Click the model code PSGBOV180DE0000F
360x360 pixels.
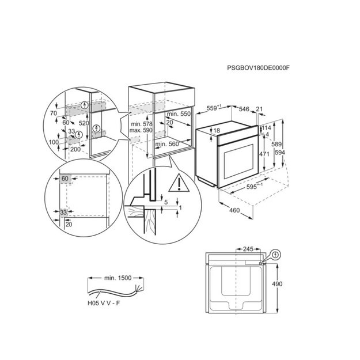(258, 68)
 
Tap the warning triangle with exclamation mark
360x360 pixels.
(179, 183)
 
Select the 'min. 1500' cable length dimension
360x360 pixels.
(118, 278)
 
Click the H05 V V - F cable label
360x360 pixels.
(104, 303)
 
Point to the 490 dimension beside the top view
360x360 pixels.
(277, 284)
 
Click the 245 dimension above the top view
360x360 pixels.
(248, 249)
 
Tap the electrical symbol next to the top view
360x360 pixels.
(275, 255)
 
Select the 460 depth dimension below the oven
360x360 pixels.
(234, 210)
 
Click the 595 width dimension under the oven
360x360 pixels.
(255, 186)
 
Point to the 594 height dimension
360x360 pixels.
(280, 152)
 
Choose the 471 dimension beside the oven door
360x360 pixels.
(264, 154)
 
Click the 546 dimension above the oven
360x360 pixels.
(244, 109)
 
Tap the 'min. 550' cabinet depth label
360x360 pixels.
(179, 113)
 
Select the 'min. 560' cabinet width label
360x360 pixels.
(167, 144)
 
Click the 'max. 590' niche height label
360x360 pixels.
(141, 130)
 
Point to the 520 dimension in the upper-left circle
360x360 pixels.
(84, 123)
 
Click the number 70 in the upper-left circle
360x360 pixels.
(54, 113)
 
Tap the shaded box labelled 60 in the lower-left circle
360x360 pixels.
(65, 179)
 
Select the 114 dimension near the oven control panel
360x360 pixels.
(266, 128)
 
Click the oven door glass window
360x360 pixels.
(238, 162)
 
